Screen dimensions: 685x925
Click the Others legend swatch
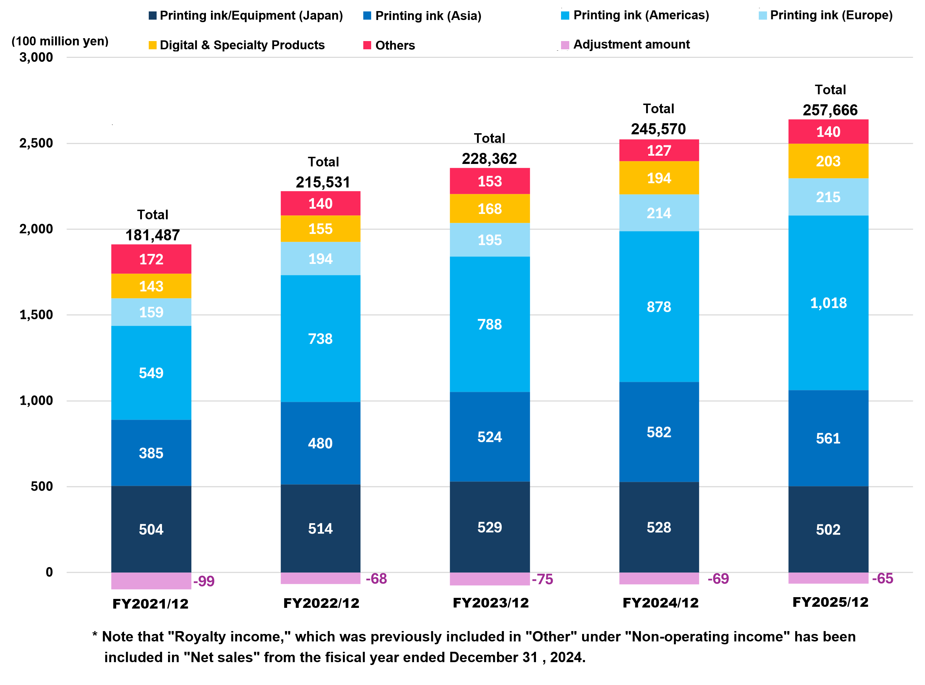(367, 45)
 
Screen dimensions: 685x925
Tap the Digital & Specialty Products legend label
(242, 45)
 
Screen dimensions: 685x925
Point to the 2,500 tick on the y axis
(36, 143)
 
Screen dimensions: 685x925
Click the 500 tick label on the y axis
(41, 486)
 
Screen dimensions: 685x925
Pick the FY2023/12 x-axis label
(490, 602)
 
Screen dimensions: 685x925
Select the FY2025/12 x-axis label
(830, 602)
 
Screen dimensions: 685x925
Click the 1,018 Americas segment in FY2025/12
(828, 303)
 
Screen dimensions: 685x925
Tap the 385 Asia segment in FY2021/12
(151, 453)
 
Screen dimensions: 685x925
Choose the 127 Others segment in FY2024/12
(659, 150)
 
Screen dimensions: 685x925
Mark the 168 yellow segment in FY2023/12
(489, 209)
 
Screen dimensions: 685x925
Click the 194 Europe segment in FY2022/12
(320, 259)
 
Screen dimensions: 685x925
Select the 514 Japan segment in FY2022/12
(320, 528)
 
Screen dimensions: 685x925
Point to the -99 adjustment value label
(204, 581)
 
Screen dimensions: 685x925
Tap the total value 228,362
(489, 159)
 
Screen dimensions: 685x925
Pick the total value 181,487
(152, 235)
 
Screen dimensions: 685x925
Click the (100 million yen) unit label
(60, 41)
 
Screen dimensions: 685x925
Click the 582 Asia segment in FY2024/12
(659, 432)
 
